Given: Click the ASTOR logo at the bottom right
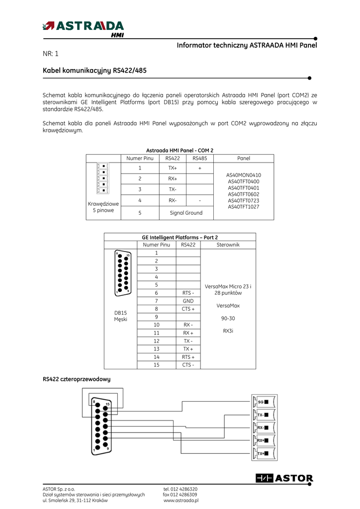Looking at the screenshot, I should [x=284, y=478].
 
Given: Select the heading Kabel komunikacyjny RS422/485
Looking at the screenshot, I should [x=94, y=71].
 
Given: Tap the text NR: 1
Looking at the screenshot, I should [x=51, y=54].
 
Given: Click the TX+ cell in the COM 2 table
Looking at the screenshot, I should [x=173, y=168].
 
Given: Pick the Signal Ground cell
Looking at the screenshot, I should [x=186, y=213].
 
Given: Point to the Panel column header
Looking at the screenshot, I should [x=244, y=159].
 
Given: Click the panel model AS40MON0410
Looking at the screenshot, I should [x=244, y=175].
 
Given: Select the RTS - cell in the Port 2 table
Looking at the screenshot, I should [x=188, y=293].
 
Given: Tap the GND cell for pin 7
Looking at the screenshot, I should [x=188, y=301].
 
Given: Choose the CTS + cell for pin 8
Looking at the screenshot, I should [x=188, y=309].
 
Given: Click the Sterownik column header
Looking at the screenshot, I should [x=228, y=245].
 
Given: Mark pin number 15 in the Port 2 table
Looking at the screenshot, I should [x=156, y=365].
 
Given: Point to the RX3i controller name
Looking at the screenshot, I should [x=227, y=330].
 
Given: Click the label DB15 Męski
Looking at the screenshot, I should [x=120, y=316].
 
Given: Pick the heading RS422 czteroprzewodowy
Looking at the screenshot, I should [x=77, y=379].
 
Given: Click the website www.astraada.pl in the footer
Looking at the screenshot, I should [x=181, y=501].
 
